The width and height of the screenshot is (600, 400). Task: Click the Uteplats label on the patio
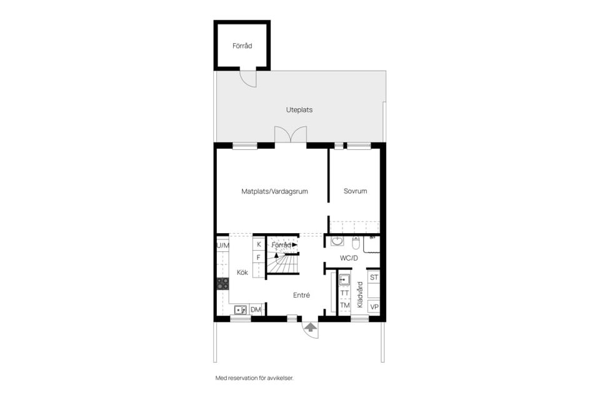(x=299, y=109)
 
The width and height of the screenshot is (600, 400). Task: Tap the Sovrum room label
(x=355, y=191)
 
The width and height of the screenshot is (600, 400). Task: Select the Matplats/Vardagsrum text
(x=275, y=191)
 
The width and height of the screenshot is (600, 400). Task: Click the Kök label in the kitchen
(x=242, y=272)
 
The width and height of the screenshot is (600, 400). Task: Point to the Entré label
(x=301, y=295)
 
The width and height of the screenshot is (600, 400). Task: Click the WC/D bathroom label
(x=348, y=257)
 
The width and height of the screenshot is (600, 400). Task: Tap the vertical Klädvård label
(x=359, y=296)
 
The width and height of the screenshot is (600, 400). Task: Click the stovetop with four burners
(x=222, y=284)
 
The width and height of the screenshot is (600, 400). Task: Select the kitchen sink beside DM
(x=239, y=309)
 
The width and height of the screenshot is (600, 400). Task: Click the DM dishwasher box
(x=256, y=309)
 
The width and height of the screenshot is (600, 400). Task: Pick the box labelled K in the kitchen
(x=258, y=244)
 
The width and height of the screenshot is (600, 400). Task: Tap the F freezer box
(x=258, y=257)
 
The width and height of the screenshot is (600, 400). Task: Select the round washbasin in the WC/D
(x=337, y=241)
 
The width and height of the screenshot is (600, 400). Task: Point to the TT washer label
(x=344, y=292)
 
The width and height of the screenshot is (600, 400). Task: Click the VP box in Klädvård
(x=374, y=307)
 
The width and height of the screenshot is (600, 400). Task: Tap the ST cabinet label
(x=374, y=277)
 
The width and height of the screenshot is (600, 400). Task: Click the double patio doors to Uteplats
(x=291, y=134)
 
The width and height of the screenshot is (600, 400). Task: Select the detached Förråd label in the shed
(x=242, y=46)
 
